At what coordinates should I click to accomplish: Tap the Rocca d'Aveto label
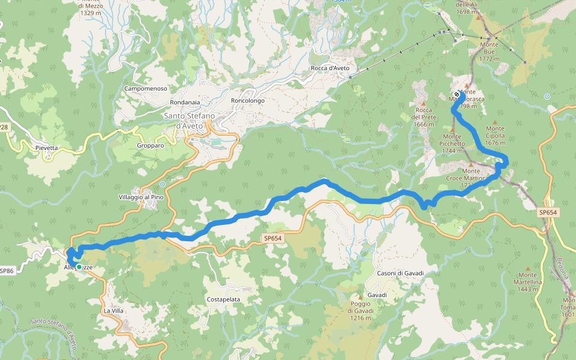pyautogui.click(x=330, y=68)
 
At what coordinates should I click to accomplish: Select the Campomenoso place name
pyautogui.click(x=145, y=89)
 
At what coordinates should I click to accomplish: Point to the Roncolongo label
pyautogui.click(x=247, y=101)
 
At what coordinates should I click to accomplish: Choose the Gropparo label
pyautogui.click(x=150, y=145)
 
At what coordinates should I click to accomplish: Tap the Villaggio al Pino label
pyautogui.click(x=141, y=197)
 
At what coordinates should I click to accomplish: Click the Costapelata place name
pyautogui.click(x=223, y=299)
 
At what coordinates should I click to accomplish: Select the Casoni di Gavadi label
pyautogui.click(x=400, y=274)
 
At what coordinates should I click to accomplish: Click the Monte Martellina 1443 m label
pyautogui.click(x=528, y=282)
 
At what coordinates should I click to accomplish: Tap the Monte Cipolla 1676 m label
pyautogui.click(x=495, y=136)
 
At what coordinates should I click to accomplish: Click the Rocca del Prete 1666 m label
pyautogui.click(x=424, y=116)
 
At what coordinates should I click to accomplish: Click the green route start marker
pyautogui.click(x=79, y=267)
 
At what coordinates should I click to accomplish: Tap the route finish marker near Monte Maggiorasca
pyautogui.click(x=457, y=95)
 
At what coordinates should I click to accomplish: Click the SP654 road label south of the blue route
pyautogui.click(x=272, y=238)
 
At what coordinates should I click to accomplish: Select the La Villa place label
pyautogui.click(x=113, y=311)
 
